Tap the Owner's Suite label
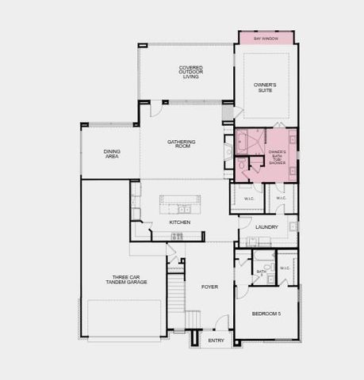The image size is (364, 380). click(x=265, y=87)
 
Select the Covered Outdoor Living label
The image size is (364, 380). click(x=190, y=72)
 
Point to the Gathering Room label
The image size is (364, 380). click(x=181, y=144)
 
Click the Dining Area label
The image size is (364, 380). click(x=112, y=154)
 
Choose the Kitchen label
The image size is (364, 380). click(x=180, y=222)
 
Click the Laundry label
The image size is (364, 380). click(x=266, y=227)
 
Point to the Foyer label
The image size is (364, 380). click(x=209, y=287)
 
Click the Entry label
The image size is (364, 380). click(x=216, y=341)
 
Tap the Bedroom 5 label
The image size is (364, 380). click(x=266, y=314)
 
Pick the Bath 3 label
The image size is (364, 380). click(x=261, y=273)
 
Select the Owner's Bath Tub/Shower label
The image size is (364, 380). click(x=277, y=156)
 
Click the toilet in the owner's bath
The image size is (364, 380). click(x=241, y=168)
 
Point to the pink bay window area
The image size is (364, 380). click(x=266, y=38)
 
